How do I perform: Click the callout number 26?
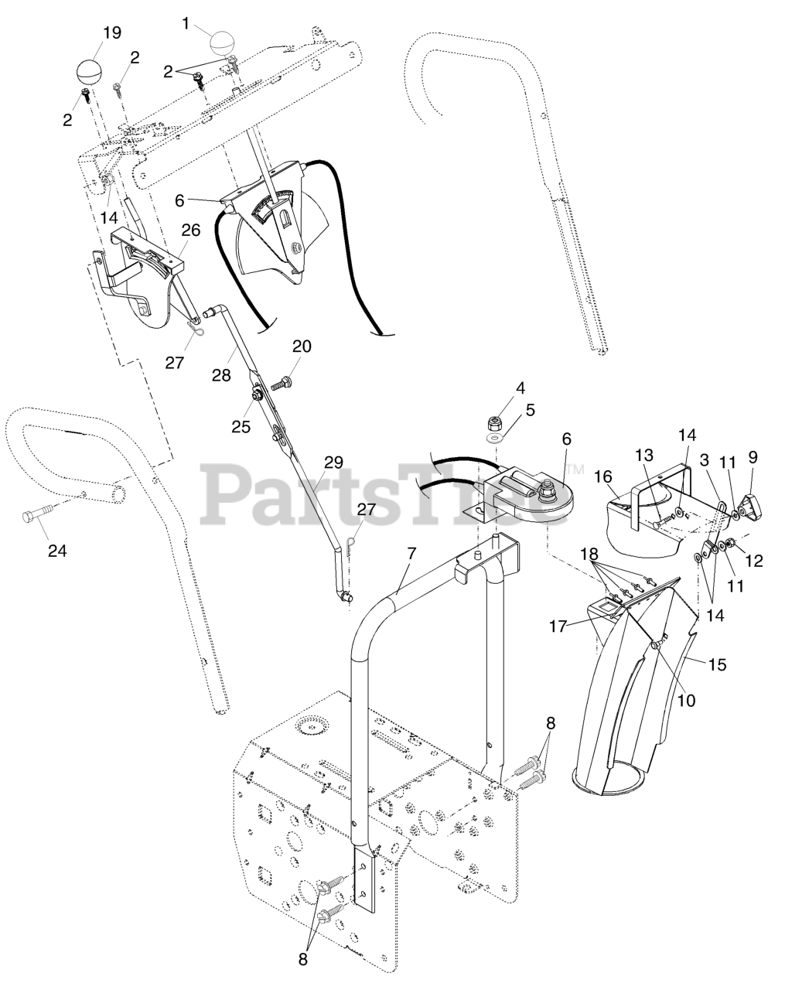coord(190,230)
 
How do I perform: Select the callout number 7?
coord(411,554)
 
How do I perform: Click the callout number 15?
coord(717,664)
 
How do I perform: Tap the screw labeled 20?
coord(283,382)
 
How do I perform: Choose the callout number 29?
coord(333,463)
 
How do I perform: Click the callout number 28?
coord(221,375)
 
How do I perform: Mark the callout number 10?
coord(686,700)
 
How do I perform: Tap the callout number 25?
coord(241,426)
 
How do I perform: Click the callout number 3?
coord(704,459)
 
